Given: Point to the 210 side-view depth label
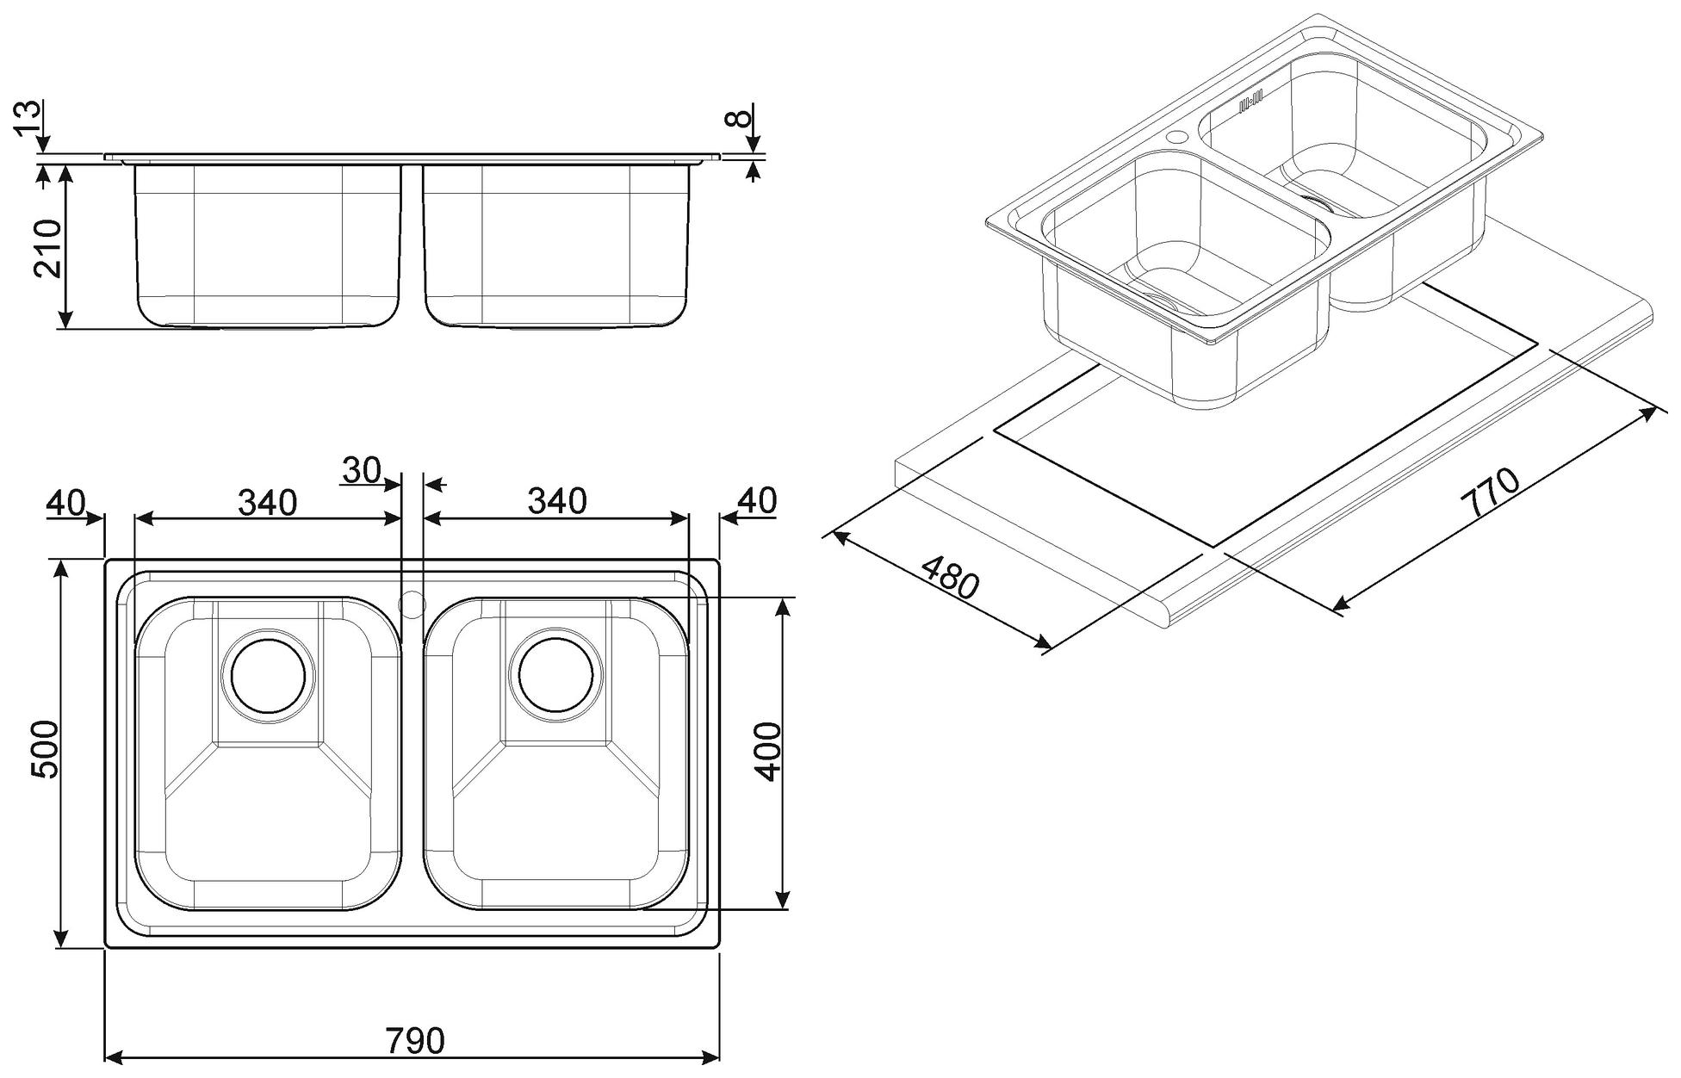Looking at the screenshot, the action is click(x=47, y=248).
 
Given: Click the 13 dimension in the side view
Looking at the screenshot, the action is click(x=27, y=118).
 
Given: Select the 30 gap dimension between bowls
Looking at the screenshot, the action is click(x=361, y=470).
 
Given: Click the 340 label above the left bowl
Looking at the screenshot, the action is click(x=267, y=502).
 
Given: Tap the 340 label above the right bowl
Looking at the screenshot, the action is click(x=557, y=500).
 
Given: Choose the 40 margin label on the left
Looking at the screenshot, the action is click(x=66, y=502).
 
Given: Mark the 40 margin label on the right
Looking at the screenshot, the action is click(x=757, y=500).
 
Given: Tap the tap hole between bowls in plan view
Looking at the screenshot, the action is click(x=412, y=604).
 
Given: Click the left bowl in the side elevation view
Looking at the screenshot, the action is click(x=268, y=246).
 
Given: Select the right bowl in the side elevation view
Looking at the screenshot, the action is click(x=556, y=246).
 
